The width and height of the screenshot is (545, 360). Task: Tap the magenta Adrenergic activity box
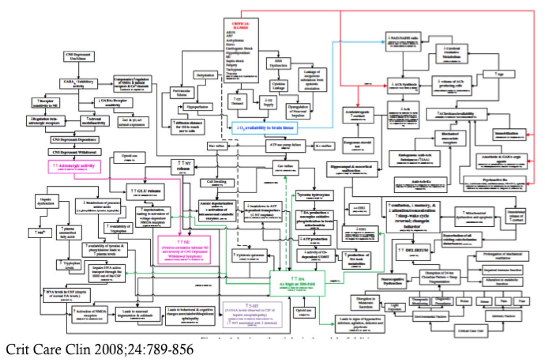tap(74, 167)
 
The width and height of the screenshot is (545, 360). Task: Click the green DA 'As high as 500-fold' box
tap(297, 280)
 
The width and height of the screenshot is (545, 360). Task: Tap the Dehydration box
tap(206, 75)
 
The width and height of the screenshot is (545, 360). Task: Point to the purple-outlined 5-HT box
tap(252, 314)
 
